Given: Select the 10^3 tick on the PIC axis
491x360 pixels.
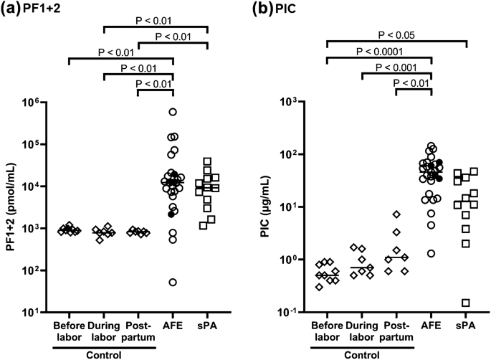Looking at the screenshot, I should point(297,103).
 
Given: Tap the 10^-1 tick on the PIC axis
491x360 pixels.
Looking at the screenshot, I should point(297,313).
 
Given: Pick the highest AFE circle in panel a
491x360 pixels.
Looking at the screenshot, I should point(173,112).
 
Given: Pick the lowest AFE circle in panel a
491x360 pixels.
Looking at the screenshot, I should point(173,283).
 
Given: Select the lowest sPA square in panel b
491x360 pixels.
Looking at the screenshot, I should point(467,303).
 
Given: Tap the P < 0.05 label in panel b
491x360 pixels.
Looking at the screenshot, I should point(396,33).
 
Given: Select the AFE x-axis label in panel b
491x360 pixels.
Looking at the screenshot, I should point(432,331).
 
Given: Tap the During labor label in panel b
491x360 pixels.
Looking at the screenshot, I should point(362,331).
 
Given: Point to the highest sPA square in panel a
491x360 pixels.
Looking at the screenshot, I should point(207,161).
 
